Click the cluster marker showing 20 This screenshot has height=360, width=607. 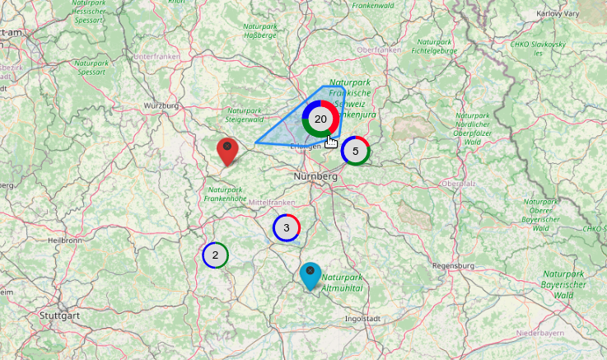[x=321, y=119]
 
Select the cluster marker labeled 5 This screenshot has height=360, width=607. [x=355, y=151]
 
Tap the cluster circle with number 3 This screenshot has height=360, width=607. [x=286, y=227]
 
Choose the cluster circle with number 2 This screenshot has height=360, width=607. [x=215, y=255]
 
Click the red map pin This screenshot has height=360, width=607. [x=227, y=152]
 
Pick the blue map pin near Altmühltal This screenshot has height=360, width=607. [x=311, y=275]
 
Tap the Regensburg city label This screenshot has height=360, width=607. [x=454, y=266]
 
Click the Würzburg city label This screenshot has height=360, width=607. [x=161, y=106]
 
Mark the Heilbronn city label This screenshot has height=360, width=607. [x=65, y=240]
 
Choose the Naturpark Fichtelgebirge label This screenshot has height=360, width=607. [x=434, y=46]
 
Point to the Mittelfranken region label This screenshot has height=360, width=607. [x=271, y=202]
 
